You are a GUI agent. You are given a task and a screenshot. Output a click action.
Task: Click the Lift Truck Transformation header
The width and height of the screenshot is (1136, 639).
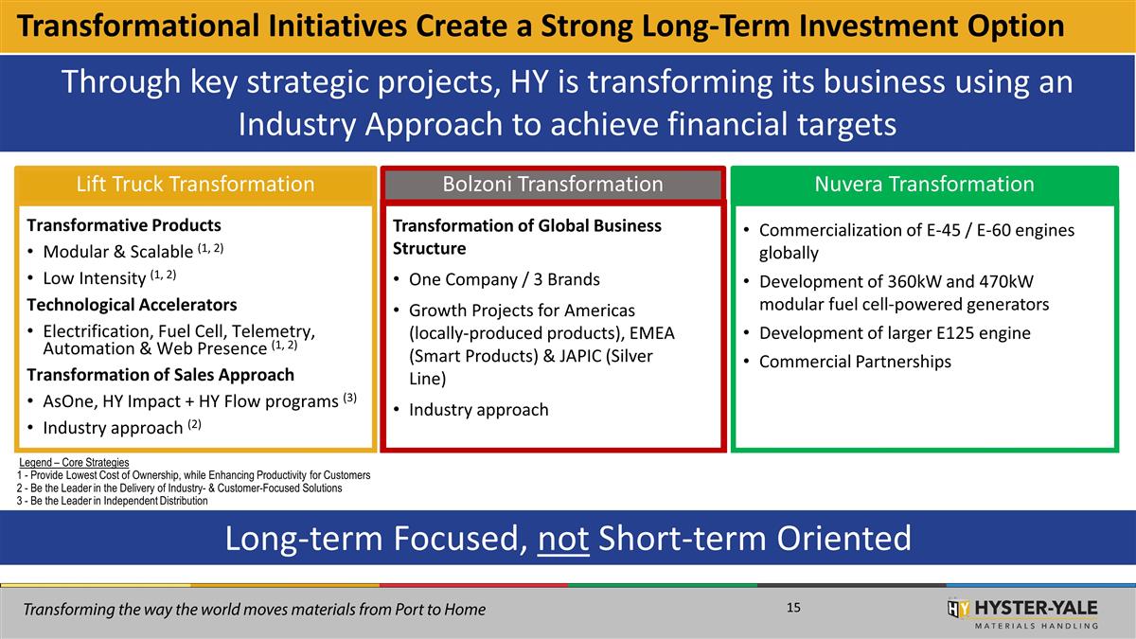(194, 184)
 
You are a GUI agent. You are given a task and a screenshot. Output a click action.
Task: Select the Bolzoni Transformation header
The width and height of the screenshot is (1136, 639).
(553, 184)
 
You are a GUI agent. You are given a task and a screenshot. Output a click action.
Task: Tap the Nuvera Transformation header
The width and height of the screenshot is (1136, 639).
(924, 184)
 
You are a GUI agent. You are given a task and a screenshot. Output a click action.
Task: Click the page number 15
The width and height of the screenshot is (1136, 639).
(793, 607)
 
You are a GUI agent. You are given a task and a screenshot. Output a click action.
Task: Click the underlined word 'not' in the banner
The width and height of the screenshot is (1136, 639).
(564, 538)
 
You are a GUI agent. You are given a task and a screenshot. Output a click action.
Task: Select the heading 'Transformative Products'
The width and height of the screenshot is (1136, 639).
(124, 225)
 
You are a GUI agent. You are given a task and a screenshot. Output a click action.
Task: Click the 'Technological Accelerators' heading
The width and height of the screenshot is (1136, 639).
(132, 305)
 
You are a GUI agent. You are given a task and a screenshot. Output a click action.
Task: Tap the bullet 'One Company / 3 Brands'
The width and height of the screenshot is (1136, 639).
(504, 279)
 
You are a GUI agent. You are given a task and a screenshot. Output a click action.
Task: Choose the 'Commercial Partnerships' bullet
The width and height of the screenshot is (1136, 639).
(855, 362)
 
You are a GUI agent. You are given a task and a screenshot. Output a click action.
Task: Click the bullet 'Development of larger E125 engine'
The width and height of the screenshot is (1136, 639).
(895, 333)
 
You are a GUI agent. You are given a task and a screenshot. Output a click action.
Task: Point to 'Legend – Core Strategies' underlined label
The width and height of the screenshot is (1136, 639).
(74, 462)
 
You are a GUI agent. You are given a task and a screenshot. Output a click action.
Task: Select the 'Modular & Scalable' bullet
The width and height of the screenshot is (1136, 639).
(118, 252)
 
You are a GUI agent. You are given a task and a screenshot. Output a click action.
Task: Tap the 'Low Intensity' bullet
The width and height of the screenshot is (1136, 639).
(96, 278)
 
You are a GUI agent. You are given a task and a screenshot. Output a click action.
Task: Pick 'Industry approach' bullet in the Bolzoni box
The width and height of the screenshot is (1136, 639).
(478, 410)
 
